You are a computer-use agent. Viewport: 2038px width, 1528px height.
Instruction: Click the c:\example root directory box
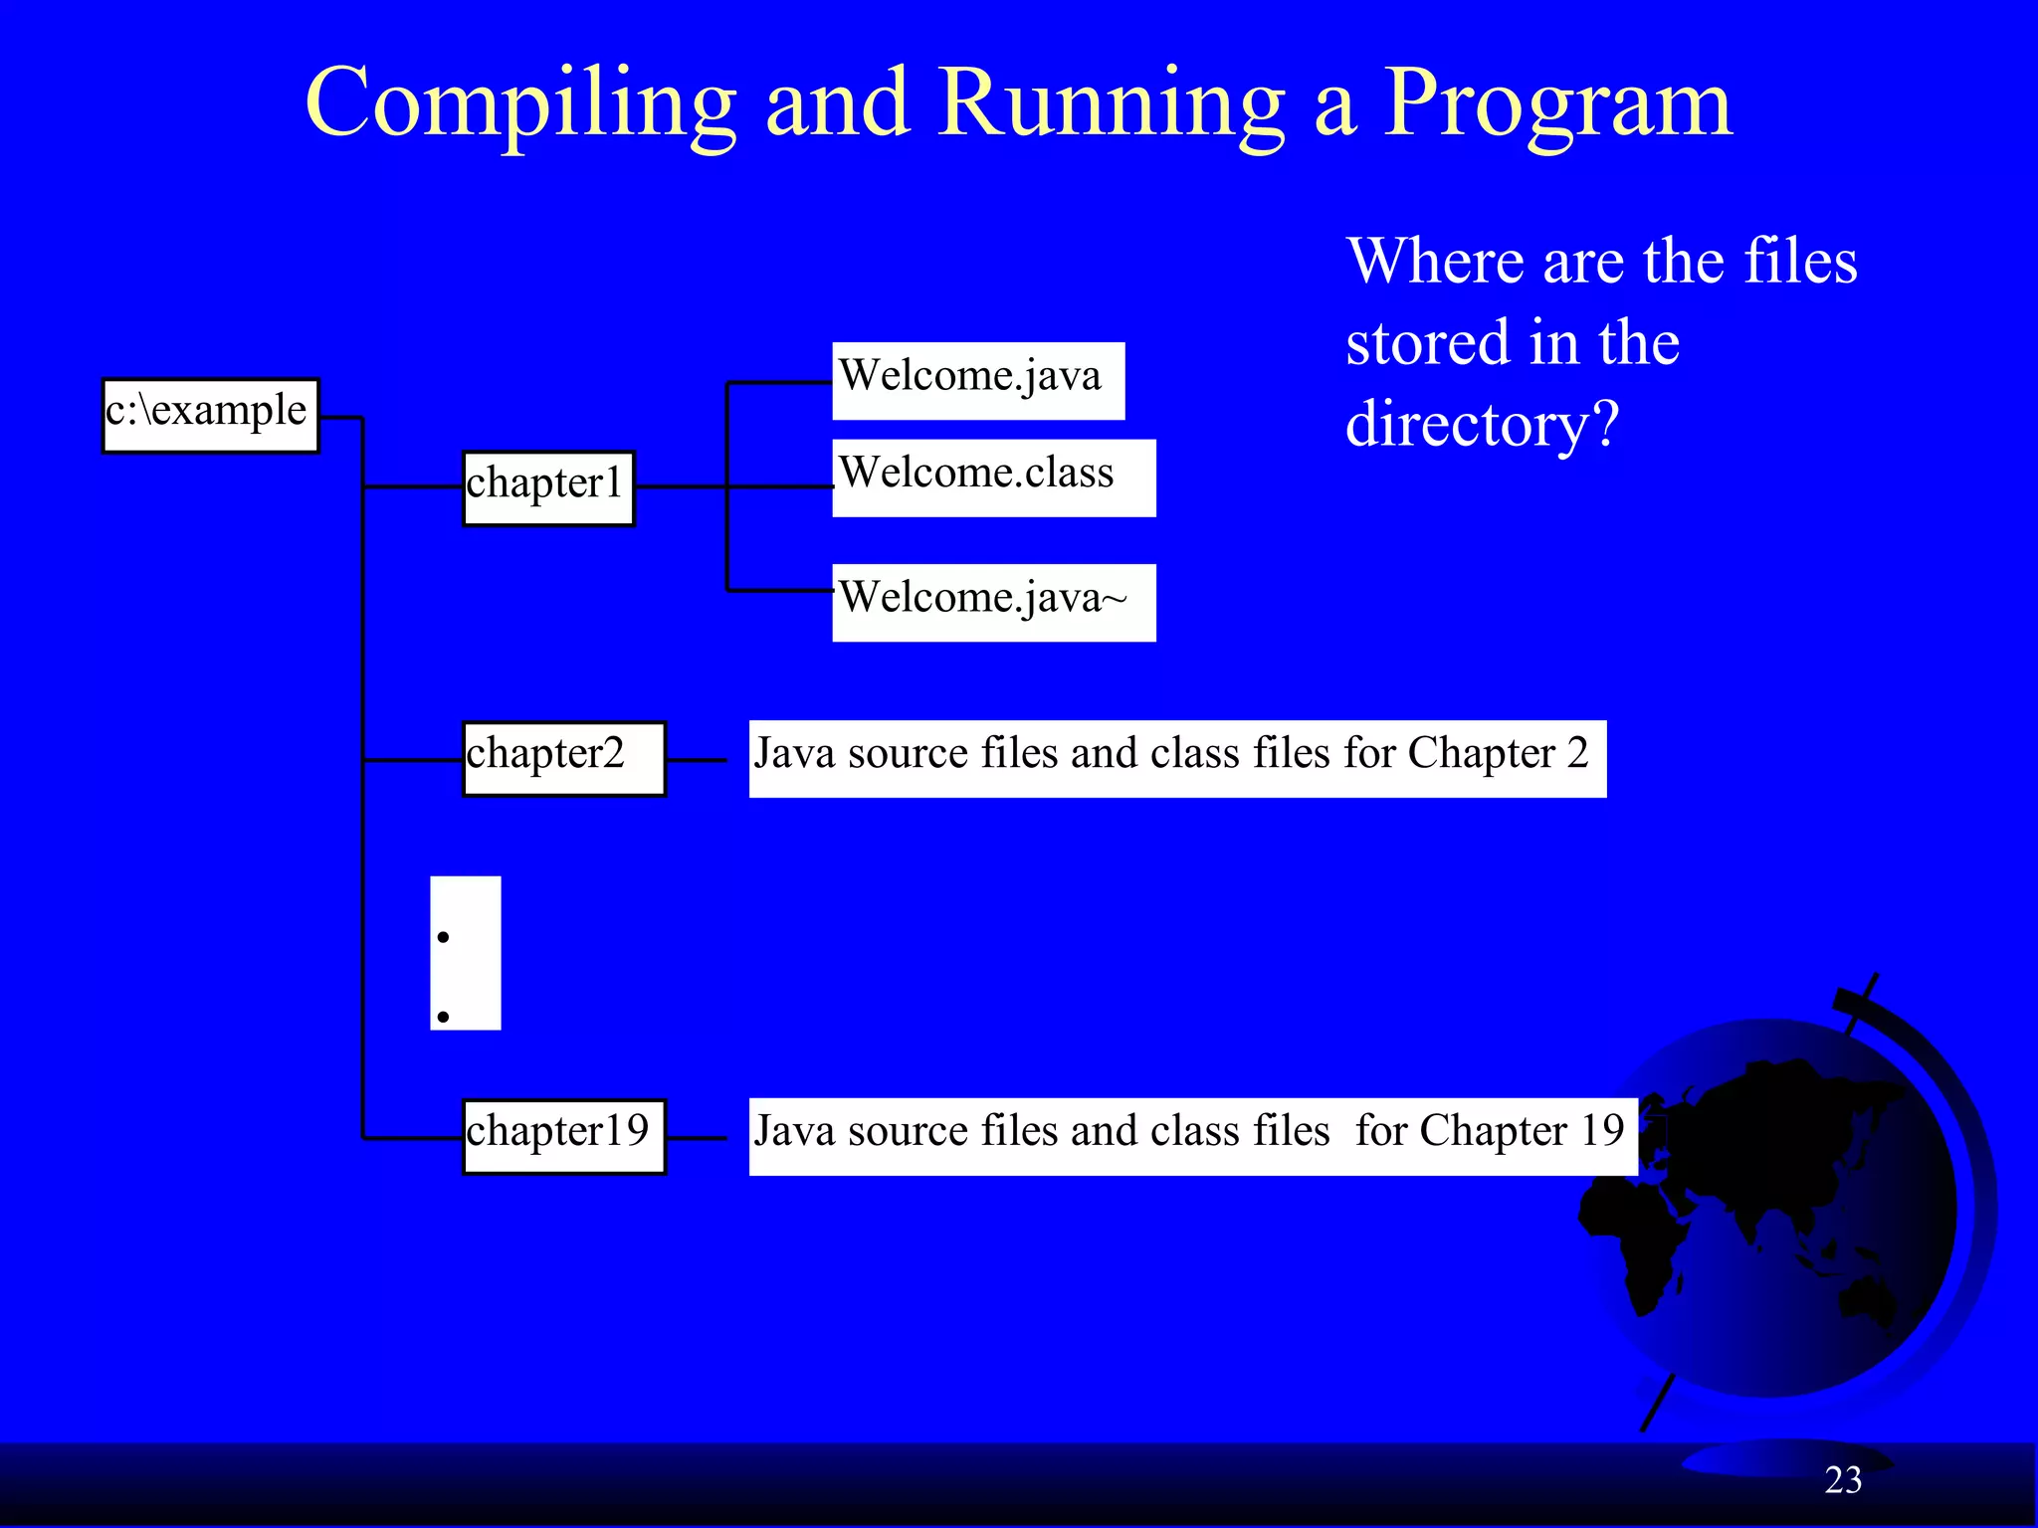tap(210, 415)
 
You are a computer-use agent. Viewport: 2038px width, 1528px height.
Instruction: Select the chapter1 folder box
tap(547, 487)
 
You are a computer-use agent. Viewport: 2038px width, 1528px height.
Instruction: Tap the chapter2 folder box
tap(563, 758)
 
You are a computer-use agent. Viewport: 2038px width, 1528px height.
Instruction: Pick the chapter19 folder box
tap(563, 1136)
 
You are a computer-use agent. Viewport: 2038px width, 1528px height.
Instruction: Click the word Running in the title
tap(1112, 104)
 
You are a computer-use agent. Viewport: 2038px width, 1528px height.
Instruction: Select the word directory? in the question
tap(1482, 425)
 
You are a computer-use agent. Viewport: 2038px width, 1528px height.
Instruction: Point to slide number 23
tap(1843, 1480)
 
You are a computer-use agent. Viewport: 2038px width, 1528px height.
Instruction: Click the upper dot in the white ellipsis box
tap(443, 936)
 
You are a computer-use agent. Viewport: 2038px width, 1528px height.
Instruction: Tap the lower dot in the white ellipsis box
tap(443, 1016)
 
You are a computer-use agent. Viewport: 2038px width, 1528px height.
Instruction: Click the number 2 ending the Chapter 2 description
tap(1577, 753)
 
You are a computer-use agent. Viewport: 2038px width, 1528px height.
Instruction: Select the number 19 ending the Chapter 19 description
tap(1602, 1131)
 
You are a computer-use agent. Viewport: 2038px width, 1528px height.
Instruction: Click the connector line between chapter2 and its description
tap(697, 760)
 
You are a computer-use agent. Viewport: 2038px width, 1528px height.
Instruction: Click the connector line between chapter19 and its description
tap(697, 1138)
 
